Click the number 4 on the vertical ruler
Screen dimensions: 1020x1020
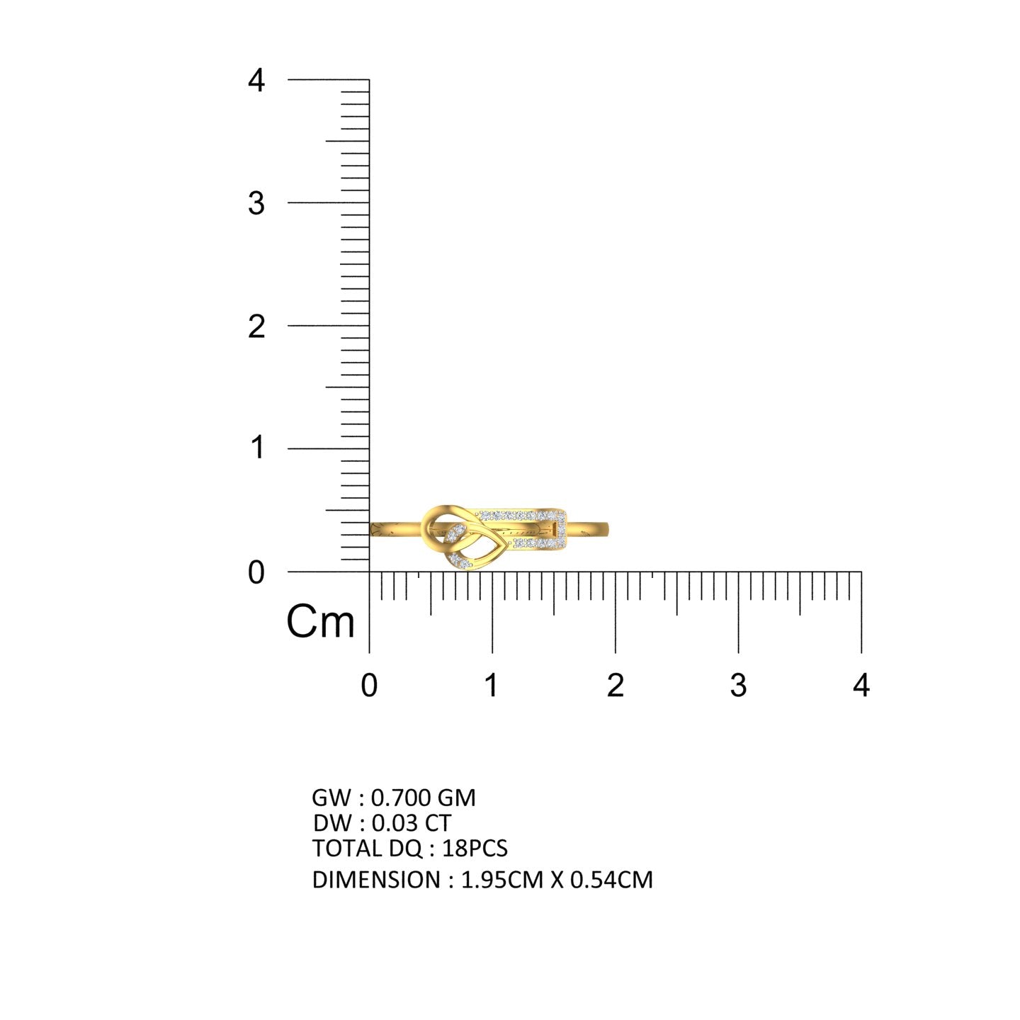coord(256,81)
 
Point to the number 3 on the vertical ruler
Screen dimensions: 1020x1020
coord(256,203)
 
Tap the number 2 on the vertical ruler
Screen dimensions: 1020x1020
coord(256,327)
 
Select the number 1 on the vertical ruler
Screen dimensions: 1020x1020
coord(257,447)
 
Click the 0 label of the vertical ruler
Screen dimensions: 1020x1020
coord(256,573)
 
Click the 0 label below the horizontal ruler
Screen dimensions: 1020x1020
coord(369,686)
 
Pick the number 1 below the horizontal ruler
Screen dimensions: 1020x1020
coord(492,686)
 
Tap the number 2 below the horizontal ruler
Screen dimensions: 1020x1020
coord(615,686)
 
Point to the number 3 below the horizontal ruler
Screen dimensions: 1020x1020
coord(738,686)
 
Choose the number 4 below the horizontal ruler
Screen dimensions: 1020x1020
coord(861,686)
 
